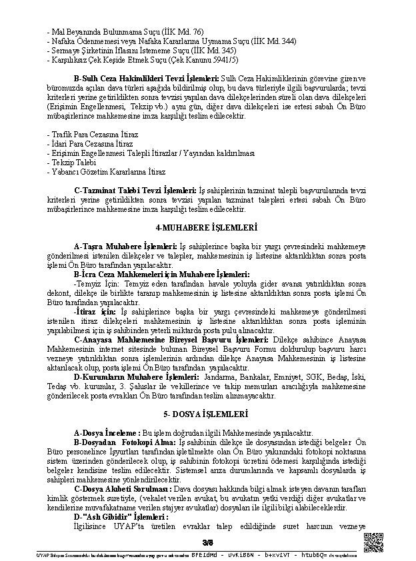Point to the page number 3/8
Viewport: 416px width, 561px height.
tap(207, 541)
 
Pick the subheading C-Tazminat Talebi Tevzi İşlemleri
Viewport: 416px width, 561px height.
tap(135, 190)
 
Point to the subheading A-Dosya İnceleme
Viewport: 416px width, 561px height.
tap(107, 432)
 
